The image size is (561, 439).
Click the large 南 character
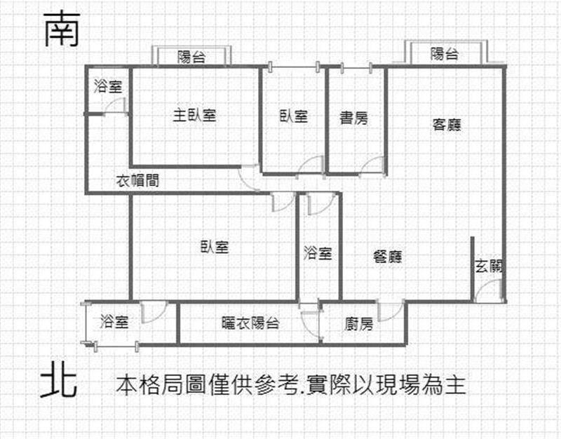point(62,29)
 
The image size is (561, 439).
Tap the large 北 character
point(59,379)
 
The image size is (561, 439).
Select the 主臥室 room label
point(195,115)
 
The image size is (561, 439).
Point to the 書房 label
point(354,118)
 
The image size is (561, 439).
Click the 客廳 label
point(447,125)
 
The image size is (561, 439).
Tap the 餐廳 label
point(388,257)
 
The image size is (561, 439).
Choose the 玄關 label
point(489,266)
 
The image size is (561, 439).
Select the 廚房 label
point(359,324)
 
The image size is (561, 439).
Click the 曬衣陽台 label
point(250,323)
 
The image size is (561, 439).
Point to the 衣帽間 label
point(137,181)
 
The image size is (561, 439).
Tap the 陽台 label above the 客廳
point(445,54)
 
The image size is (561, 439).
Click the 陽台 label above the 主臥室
point(191,57)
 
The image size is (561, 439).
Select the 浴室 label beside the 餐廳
point(318,253)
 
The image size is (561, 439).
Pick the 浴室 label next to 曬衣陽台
point(114,321)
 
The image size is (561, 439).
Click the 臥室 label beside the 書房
point(294,116)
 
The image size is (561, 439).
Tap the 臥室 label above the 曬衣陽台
point(215,247)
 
